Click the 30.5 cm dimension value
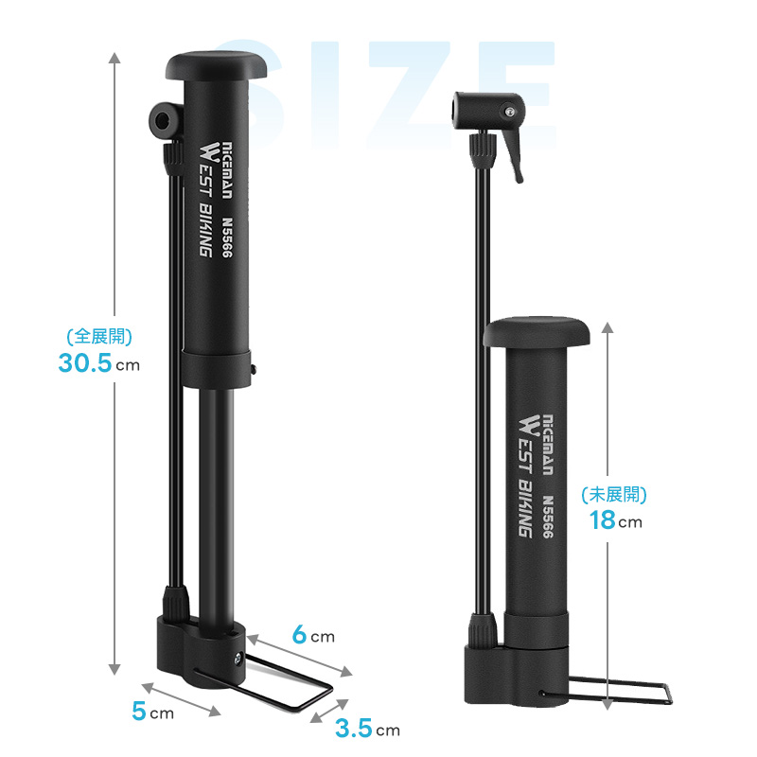coord(99,363)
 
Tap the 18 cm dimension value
coord(616,520)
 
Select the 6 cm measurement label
coord(313,634)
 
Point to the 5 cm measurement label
coord(152,712)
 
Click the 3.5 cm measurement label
coord(368,729)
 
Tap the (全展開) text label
coord(99,336)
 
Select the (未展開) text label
coord(614,494)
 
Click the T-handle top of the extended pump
coord(216,65)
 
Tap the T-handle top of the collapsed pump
coord(537,331)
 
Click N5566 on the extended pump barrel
coord(227,238)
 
